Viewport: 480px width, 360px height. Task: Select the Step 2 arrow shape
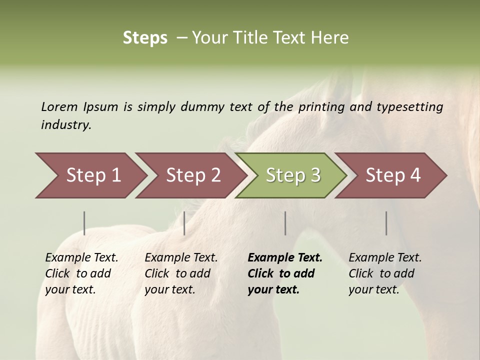193,175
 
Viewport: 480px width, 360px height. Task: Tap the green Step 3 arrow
293,175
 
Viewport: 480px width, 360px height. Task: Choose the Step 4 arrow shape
393,175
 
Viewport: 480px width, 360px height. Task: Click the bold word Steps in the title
145,38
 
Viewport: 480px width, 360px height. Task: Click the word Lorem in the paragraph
59,106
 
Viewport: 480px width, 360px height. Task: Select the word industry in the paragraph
65,125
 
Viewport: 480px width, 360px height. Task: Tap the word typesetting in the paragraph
409,107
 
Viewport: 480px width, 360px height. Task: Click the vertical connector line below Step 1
84,223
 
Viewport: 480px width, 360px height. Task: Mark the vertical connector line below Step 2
184,223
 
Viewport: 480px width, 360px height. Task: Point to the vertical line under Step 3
285,223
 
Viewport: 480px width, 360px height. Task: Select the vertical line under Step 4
386,223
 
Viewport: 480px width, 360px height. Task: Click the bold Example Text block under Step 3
285,273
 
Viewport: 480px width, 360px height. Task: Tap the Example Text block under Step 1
81,273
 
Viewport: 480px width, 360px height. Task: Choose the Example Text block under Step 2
181,273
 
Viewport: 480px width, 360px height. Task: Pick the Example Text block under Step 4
385,273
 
